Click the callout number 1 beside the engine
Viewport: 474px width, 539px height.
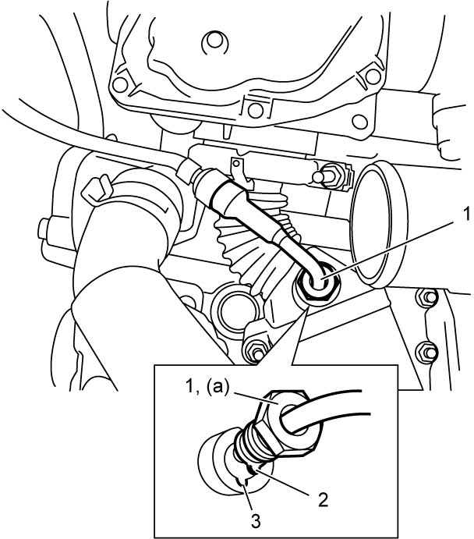(465, 215)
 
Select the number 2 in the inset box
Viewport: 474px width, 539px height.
(323, 500)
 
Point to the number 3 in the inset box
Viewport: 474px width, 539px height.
(255, 521)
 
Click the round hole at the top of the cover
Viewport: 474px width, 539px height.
(214, 41)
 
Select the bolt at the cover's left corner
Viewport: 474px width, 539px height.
(120, 84)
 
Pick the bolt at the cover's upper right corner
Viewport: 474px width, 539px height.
(373, 76)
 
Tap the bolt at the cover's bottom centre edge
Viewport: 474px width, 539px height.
(255, 110)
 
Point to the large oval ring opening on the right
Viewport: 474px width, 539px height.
(377, 225)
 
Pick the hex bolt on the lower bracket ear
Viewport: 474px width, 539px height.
(256, 352)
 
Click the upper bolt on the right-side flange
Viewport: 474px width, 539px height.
(428, 298)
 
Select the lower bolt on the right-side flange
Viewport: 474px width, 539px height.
(428, 352)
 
